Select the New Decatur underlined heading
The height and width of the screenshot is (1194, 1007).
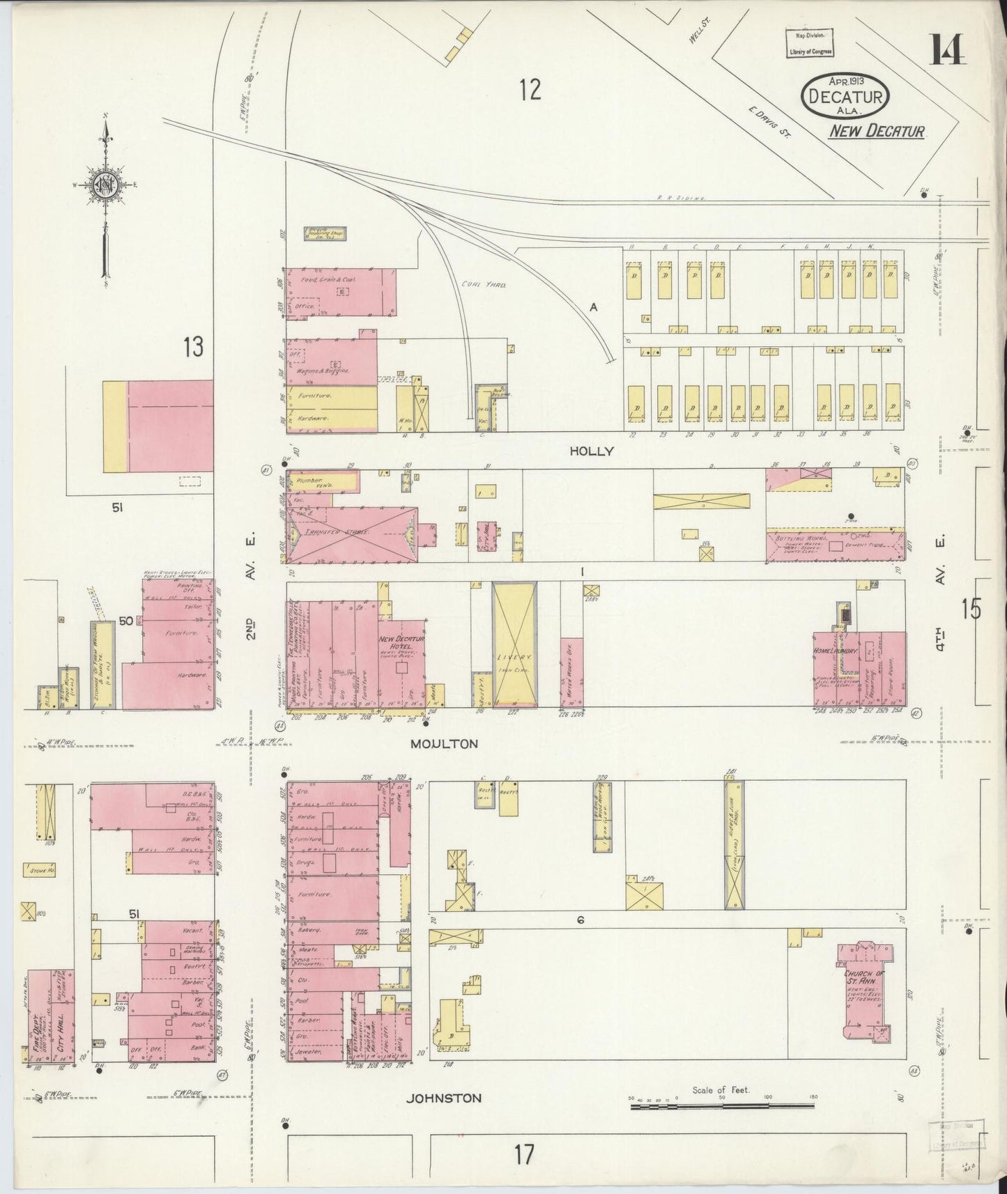(x=876, y=131)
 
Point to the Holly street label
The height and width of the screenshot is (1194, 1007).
(x=591, y=451)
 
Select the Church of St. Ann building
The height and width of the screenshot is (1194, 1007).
(x=864, y=993)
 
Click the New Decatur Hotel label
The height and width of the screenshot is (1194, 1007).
(x=401, y=643)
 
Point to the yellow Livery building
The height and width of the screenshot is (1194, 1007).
(x=514, y=644)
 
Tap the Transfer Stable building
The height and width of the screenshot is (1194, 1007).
(x=352, y=533)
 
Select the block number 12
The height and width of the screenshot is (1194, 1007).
(x=530, y=90)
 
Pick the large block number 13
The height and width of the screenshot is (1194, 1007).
(x=193, y=346)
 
